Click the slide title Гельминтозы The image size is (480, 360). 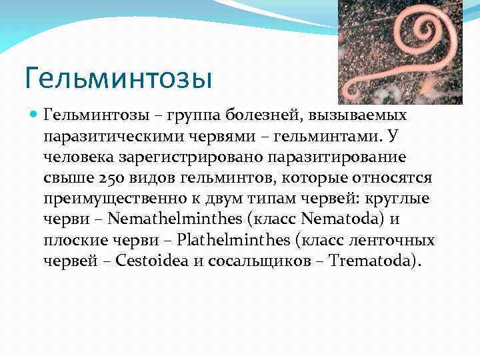(117, 78)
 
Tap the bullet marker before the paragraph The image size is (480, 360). (35, 115)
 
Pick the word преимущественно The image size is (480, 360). (114, 199)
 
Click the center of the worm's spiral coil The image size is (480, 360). (421, 30)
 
